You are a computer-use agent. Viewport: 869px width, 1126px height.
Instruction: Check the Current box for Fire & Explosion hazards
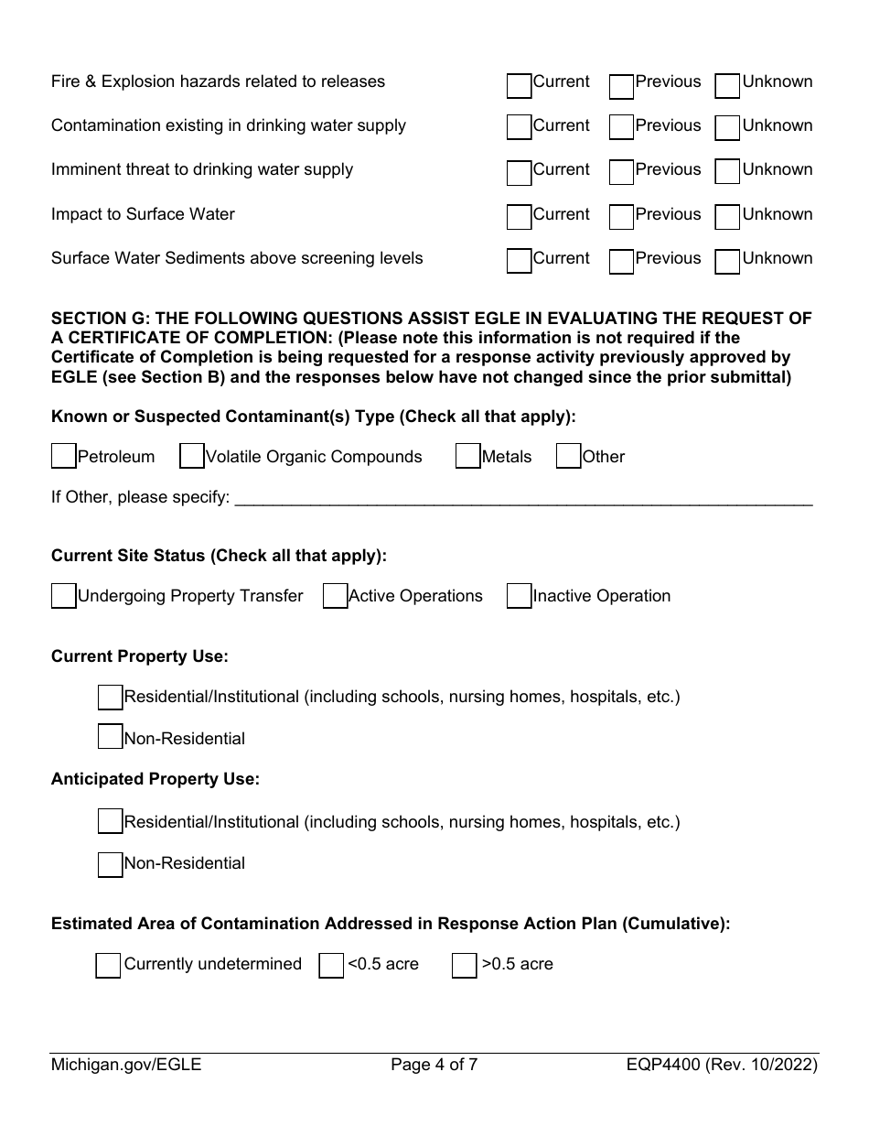(519, 86)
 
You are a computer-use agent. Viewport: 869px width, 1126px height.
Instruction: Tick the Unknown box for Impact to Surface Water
(727, 218)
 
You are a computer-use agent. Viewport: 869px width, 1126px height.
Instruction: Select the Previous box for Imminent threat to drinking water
(621, 174)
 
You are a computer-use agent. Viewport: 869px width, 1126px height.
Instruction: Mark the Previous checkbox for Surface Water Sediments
(621, 262)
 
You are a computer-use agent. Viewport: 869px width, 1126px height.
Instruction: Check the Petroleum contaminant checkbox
(64, 456)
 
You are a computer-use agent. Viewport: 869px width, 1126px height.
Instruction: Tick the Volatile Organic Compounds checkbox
(191, 456)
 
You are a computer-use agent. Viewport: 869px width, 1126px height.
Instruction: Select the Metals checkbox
(467, 456)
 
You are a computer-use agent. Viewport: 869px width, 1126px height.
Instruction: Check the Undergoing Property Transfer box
(64, 596)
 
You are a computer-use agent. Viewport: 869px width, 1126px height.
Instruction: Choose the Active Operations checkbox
(335, 596)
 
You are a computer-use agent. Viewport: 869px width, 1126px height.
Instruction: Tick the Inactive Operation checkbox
(519, 596)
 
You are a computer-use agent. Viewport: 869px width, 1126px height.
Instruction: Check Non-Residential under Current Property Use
(110, 737)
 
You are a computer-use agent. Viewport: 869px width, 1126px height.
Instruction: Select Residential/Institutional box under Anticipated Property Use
(110, 821)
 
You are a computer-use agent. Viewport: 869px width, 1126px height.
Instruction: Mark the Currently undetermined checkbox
(108, 966)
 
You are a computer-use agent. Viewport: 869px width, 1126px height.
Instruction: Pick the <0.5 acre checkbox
(331, 966)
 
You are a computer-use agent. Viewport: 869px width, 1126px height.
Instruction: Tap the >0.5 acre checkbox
(464, 966)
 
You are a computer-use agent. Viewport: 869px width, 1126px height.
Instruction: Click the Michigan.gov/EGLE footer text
(126, 1065)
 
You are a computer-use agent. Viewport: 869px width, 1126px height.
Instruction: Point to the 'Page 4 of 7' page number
(434, 1065)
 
